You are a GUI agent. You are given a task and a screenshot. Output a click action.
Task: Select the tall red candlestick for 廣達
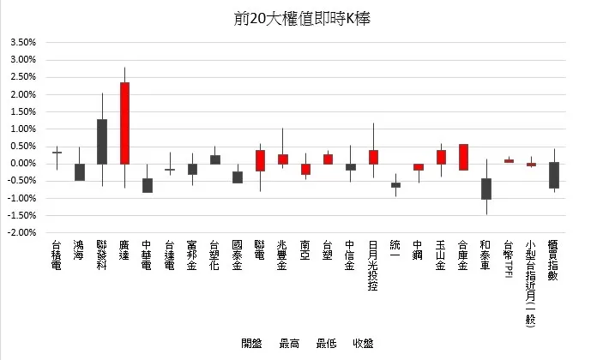tap(124, 123)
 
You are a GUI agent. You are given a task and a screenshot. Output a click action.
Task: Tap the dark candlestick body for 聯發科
tap(101, 141)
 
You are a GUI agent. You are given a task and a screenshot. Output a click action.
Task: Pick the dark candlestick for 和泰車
tap(486, 189)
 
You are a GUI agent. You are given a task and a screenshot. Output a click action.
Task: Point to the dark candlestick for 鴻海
tap(79, 172)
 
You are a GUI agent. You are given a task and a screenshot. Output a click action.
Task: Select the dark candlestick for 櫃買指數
tap(554, 175)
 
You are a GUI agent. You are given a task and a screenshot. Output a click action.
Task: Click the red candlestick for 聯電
tap(260, 161)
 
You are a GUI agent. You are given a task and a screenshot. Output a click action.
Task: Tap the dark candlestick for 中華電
tap(147, 185)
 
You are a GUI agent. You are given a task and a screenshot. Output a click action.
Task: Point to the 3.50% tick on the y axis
tap(23, 43)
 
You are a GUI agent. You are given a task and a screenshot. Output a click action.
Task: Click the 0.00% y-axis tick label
tap(23, 164)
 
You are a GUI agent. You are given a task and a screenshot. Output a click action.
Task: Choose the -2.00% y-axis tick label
tap(23, 232)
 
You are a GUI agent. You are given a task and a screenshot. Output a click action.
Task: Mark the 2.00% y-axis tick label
tap(23, 94)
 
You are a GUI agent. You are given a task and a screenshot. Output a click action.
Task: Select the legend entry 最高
tap(288, 345)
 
